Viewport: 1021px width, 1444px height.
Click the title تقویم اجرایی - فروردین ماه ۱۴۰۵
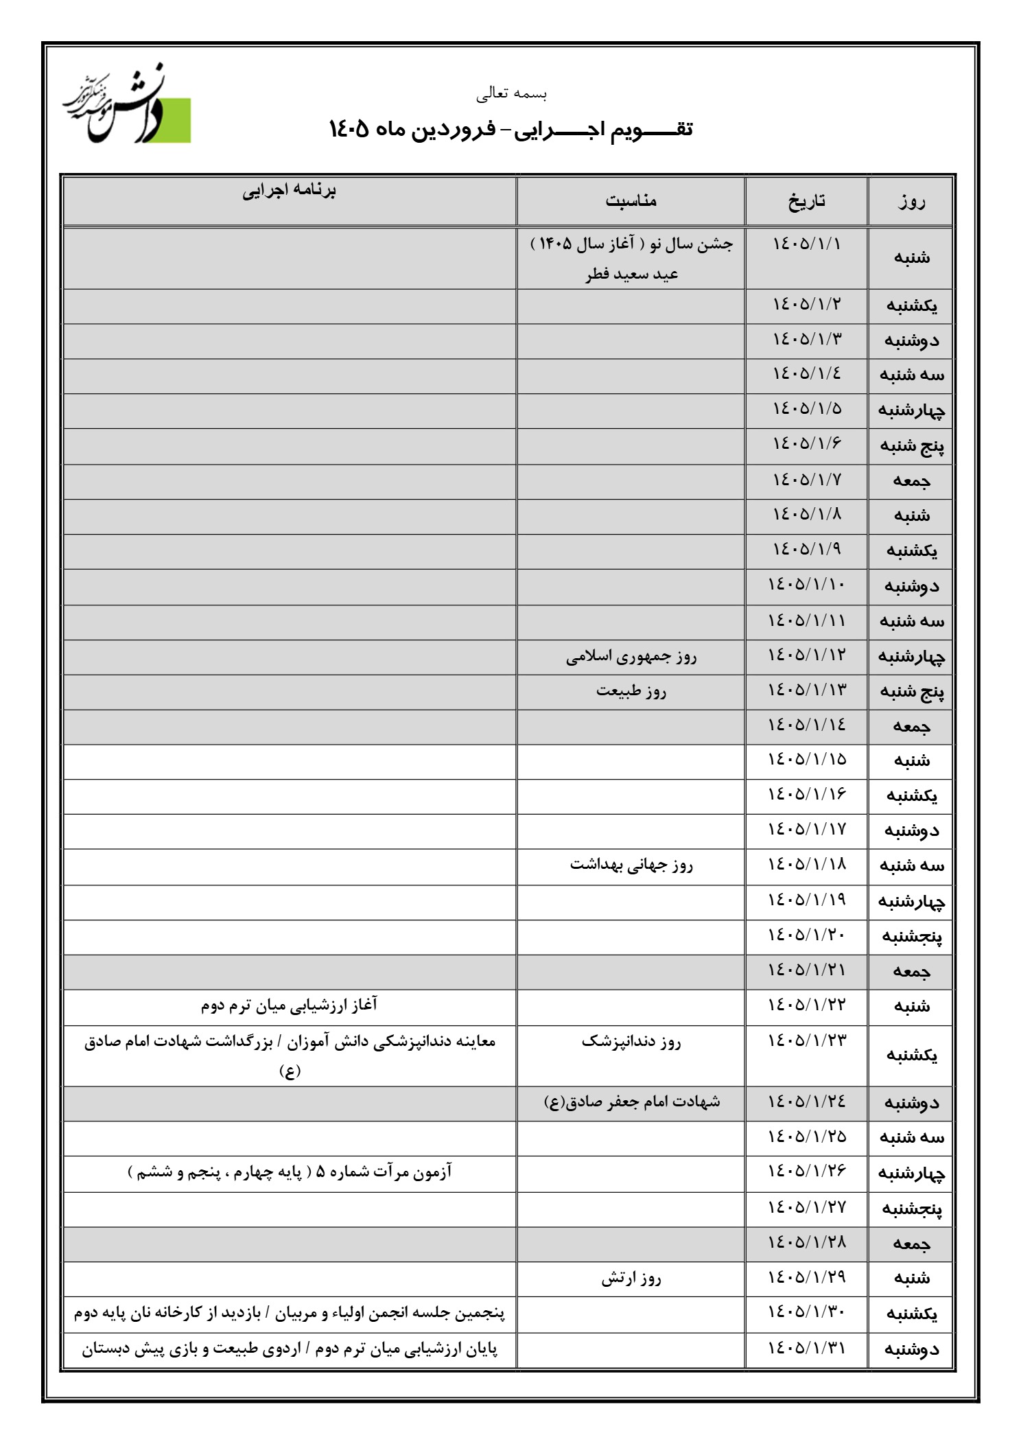click(511, 128)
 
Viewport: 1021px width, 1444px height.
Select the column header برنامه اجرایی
click(289, 191)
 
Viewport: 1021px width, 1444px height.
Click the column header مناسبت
click(631, 200)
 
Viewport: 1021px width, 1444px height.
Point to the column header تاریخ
click(806, 201)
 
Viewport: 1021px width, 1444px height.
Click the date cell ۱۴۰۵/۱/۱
click(806, 244)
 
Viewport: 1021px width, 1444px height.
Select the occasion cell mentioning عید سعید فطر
click(631, 274)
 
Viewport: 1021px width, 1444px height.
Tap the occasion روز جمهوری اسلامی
click(631, 657)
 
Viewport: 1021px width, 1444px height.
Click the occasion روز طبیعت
click(631, 691)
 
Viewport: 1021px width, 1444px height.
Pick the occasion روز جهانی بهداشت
click(631, 865)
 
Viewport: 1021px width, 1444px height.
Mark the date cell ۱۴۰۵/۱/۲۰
click(806, 935)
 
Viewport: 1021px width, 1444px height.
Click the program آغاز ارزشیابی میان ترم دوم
click(289, 1005)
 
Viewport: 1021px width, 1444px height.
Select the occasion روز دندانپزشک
click(631, 1042)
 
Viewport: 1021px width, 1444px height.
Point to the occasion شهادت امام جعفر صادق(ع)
click(631, 1102)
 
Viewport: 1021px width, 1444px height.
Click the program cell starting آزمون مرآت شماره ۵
click(289, 1172)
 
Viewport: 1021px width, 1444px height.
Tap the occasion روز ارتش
click(631, 1278)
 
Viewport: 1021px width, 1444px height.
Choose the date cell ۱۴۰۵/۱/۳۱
click(806, 1348)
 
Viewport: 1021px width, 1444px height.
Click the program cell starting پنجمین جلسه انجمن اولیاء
click(289, 1314)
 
